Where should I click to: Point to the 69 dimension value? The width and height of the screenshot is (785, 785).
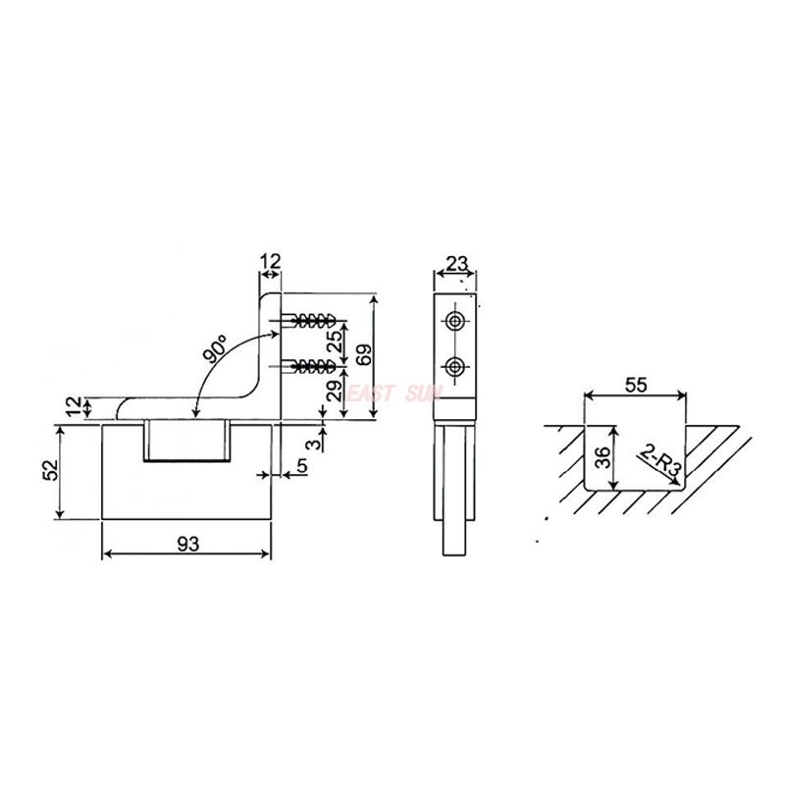pyautogui.click(x=364, y=355)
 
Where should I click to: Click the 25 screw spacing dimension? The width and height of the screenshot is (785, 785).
pyautogui.click(x=334, y=341)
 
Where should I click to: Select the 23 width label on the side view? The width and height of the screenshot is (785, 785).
pyautogui.click(x=456, y=264)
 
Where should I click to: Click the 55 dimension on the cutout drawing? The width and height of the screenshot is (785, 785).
pyautogui.click(x=635, y=385)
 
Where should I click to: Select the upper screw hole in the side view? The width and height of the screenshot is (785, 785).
pyautogui.click(x=455, y=321)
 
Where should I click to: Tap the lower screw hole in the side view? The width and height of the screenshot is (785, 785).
pyautogui.click(x=455, y=367)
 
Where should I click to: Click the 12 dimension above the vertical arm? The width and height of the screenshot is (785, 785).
pyautogui.click(x=271, y=261)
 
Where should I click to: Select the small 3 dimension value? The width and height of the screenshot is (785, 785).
pyautogui.click(x=313, y=445)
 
